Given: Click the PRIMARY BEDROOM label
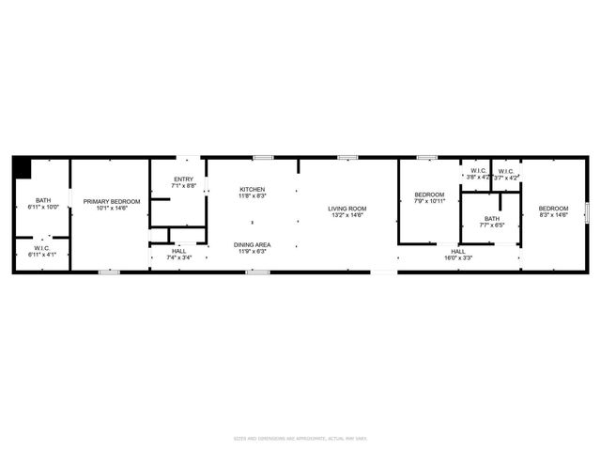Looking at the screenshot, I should [x=111, y=202].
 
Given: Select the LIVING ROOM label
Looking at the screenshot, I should [x=347, y=209].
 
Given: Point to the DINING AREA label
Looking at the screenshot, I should [x=252, y=245].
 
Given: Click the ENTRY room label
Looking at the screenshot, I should [x=184, y=179].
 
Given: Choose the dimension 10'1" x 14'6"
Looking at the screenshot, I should [x=111, y=209].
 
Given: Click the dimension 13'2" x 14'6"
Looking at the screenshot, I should [x=347, y=215].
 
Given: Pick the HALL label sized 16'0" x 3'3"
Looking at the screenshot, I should [x=458, y=251].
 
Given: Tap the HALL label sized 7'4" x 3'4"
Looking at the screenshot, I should [x=178, y=251].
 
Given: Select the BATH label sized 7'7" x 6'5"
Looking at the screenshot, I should [x=492, y=218].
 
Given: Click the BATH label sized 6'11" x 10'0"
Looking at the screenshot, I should [x=43, y=200].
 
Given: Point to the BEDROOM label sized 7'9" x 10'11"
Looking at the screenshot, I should [x=429, y=194].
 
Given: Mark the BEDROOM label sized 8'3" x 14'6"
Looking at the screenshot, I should [x=553, y=209].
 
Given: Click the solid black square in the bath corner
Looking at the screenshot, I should [x=22, y=166].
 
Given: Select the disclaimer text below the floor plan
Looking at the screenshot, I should [x=300, y=438].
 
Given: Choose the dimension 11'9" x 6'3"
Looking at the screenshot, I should [x=252, y=252].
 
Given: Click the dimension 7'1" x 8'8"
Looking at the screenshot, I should [x=184, y=186].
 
